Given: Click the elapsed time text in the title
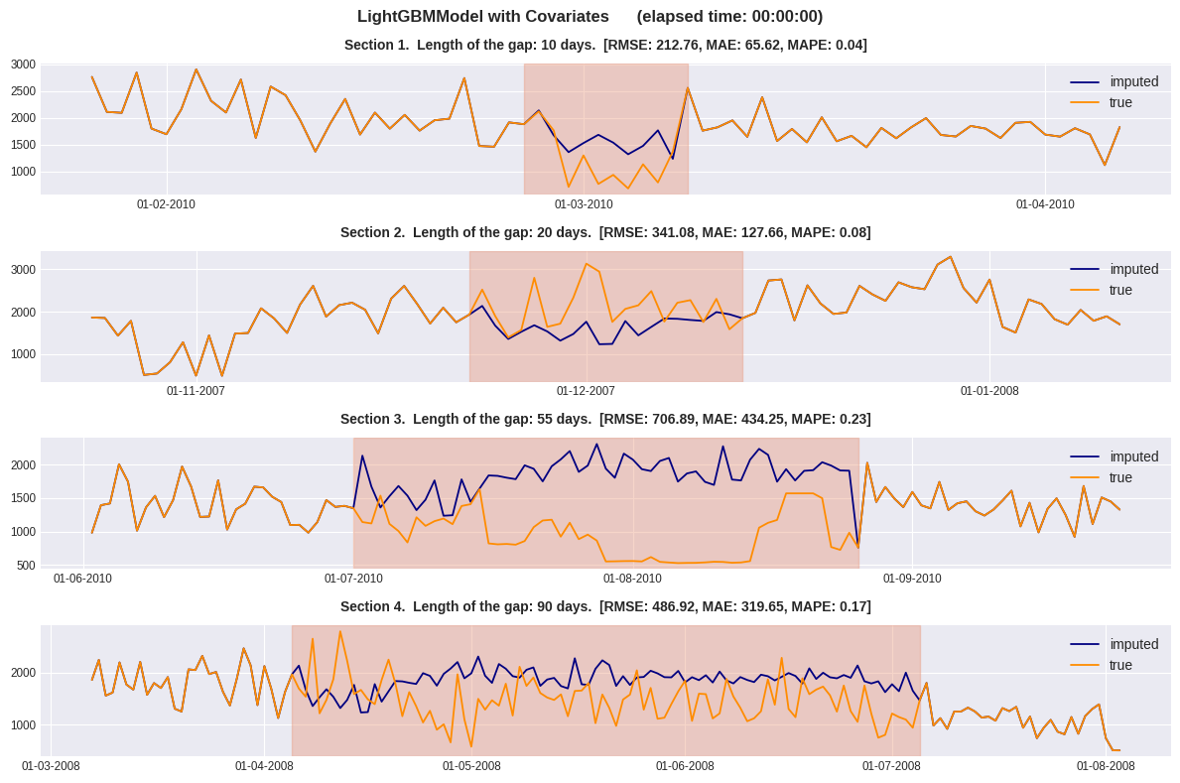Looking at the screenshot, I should pyautogui.click(x=729, y=17).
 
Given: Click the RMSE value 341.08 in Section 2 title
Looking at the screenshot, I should pyautogui.click(x=675, y=232).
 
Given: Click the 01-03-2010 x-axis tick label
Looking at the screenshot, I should pyautogui.click(x=584, y=204).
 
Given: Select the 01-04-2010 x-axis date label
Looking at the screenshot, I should pyautogui.click(x=1045, y=204).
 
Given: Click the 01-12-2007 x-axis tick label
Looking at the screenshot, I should pyautogui.click(x=586, y=391).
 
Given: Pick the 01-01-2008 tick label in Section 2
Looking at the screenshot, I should pyautogui.click(x=989, y=391).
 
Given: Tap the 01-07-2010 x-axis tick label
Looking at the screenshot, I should pyautogui.click(x=353, y=579).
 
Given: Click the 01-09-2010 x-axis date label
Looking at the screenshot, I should pyautogui.click(x=912, y=579).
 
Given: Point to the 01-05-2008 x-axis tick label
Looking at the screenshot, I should pyautogui.click(x=471, y=766).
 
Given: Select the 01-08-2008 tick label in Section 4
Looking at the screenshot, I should pyautogui.click(x=1106, y=766).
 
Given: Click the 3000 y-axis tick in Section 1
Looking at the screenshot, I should pyautogui.click(x=23, y=65).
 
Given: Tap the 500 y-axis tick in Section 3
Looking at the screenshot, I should pyautogui.click(x=26, y=566).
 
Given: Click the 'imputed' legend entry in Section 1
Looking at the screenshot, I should pyautogui.click(x=1133, y=81).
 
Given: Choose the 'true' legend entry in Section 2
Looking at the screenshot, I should pyautogui.click(x=1120, y=290).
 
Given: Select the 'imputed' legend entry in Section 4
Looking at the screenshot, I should pyautogui.click(x=1133, y=644).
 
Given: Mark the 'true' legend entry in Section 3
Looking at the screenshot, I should pyautogui.click(x=1120, y=477).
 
